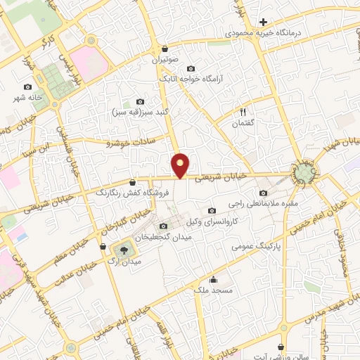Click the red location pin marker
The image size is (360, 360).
tap(181, 165)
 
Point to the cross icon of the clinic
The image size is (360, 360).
tap(263, 22)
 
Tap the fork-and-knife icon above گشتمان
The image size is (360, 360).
tap(243, 111)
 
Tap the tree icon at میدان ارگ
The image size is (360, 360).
tap(124, 249)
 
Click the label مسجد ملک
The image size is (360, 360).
tap(214, 289)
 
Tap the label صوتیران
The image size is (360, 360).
tap(165, 60)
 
